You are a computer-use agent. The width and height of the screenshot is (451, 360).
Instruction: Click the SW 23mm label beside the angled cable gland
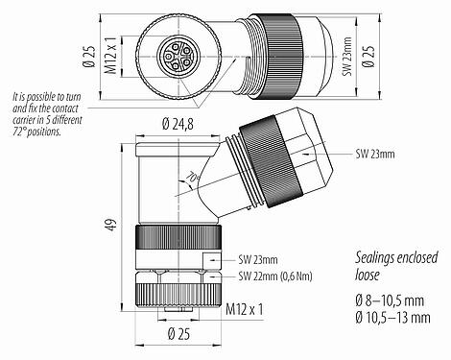(377, 154)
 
